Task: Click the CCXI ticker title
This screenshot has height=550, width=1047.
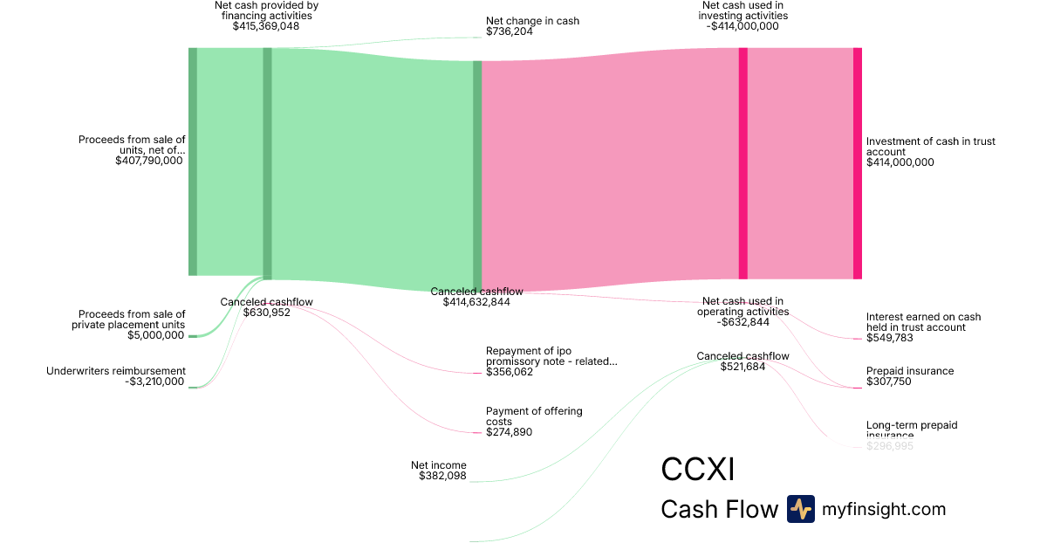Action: point(697,470)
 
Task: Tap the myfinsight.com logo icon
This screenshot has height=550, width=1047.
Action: point(800,509)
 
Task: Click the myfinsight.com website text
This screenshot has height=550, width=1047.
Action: point(884,509)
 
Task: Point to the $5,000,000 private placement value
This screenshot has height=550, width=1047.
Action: point(156,335)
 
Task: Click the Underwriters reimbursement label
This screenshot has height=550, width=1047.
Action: point(115,371)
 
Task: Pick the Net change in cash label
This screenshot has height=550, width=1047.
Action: point(532,21)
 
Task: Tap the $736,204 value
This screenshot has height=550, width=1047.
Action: point(509,31)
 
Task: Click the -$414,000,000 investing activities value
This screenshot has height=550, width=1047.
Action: point(742,26)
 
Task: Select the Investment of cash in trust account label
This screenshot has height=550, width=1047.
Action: point(930,147)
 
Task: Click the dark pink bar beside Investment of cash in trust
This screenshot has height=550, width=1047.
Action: point(857,163)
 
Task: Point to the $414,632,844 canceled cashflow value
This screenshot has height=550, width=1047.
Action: point(476,302)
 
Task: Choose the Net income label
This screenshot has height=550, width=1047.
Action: point(438,465)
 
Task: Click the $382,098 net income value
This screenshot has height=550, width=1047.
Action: point(442,476)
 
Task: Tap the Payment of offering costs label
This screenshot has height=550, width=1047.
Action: point(534,416)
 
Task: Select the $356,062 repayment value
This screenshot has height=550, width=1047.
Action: point(509,372)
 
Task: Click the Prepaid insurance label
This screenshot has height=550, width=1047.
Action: point(909,371)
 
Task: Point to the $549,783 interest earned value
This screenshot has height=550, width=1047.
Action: point(889,338)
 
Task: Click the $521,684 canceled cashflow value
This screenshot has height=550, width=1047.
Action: point(742,367)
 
